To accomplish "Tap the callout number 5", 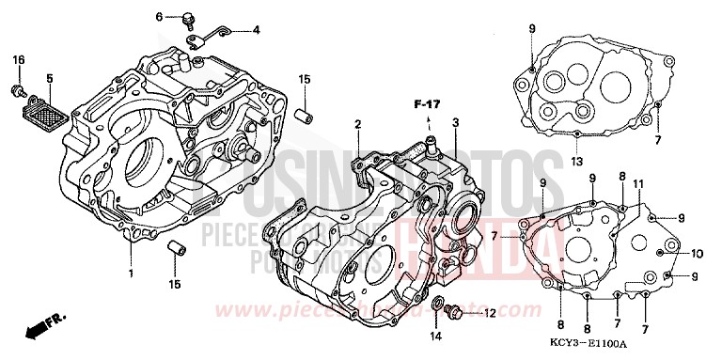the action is [x=49, y=79].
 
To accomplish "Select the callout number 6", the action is [x=159, y=16].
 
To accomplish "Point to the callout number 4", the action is [x=256, y=30].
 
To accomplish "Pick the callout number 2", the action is [x=357, y=124].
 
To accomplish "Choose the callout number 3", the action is [x=454, y=123].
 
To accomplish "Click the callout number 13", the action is [x=575, y=161].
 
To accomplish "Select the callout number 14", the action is [x=435, y=336].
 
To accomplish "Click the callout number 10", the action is [x=697, y=253].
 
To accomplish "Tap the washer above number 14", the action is [x=437, y=305].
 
